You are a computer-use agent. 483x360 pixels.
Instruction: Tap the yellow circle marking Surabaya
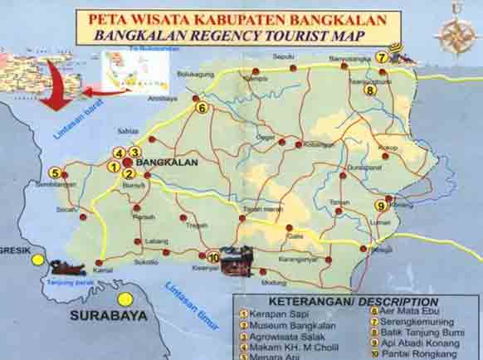[125, 299]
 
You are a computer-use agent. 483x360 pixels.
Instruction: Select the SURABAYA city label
[108, 316]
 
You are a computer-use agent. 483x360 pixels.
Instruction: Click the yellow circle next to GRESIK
[37, 260]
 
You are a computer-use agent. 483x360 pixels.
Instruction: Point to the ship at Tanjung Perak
[67, 267]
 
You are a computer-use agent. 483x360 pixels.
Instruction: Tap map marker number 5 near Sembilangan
[55, 173]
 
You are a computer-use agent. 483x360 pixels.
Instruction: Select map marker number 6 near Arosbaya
[201, 107]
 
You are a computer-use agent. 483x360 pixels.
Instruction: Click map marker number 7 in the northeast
[381, 57]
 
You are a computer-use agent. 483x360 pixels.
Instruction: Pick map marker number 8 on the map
[370, 90]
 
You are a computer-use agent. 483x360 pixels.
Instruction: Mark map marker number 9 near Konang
[380, 206]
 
